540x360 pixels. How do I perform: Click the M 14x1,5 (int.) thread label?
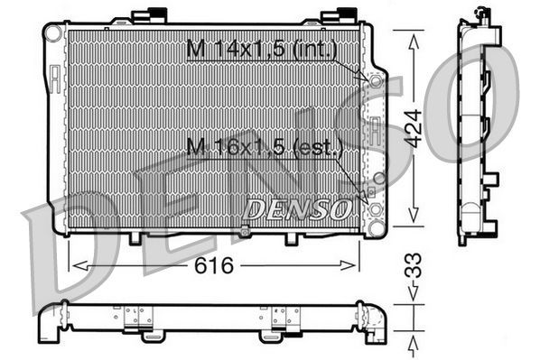[x=261, y=50]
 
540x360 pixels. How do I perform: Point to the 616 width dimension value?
[x=212, y=265]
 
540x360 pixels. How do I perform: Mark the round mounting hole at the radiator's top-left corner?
[x=53, y=32]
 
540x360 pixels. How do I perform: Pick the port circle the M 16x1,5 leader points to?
[x=373, y=179]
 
